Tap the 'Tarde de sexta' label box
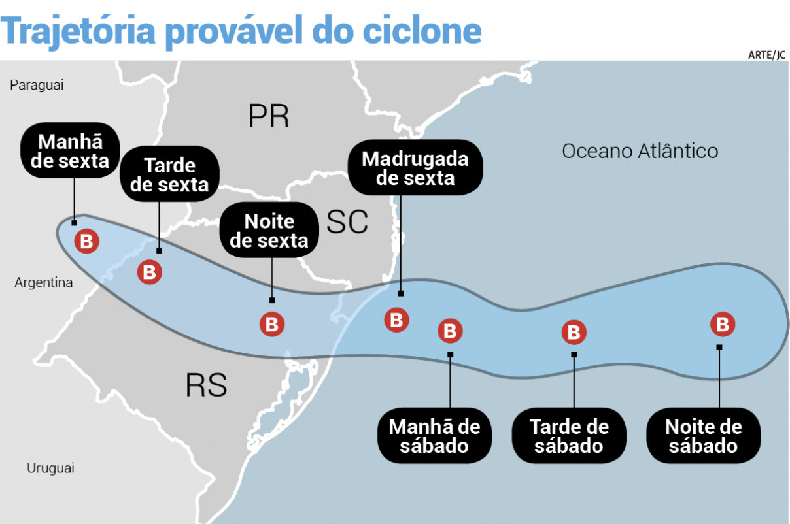click(169, 174)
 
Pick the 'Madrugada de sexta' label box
click(415, 168)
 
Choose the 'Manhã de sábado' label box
click(434, 436)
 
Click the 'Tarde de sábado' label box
click(568, 436)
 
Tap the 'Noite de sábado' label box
click(703, 436)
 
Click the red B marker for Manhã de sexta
click(86, 242)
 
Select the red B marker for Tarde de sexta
click(149, 272)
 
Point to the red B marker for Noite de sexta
click(272, 324)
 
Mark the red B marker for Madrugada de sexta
click(396, 320)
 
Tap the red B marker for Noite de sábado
click(723, 324)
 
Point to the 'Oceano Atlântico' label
click(640, 151)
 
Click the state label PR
click(268, 116)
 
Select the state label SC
click(347, 222)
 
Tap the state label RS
click(206, 385)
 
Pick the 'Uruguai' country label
click(50, 468)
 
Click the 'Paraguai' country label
click(37, 85)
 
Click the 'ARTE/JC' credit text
click(766, 55)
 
